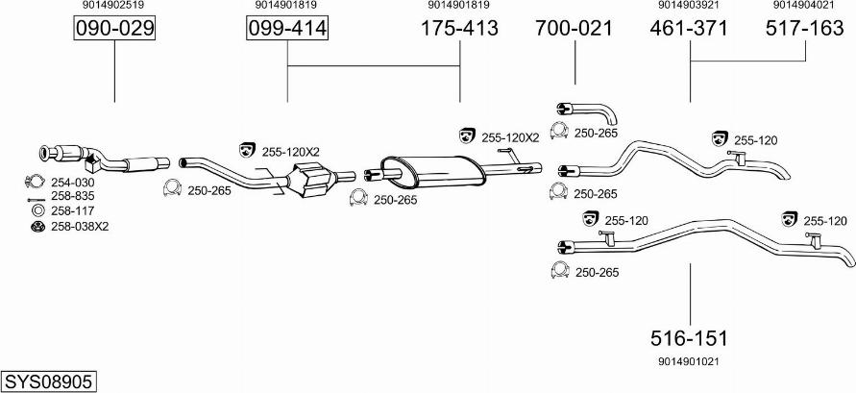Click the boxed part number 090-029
[x=114, y=28]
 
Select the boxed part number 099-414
[x=287, y=28]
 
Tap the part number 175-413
[x=459, y=28]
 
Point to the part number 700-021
[x=575, y=28]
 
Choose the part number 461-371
[x=689, y=28]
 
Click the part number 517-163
[x=805, y=28]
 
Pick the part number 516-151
[x=689, y=338]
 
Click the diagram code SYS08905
[x=48, y=381]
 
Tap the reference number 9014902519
[x=113, y=5]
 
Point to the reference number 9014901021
[x=689, y=361]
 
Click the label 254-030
[x=73, y=183]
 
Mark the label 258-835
[x=73, y=196]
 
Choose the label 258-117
[x=73, y=210]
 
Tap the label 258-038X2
[x=80, y=227]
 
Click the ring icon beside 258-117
[x=38, y=211]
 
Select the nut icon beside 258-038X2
[x=37, y=227]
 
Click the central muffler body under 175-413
[x=431, y=170]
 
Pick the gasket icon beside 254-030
[x=35, y=182]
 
